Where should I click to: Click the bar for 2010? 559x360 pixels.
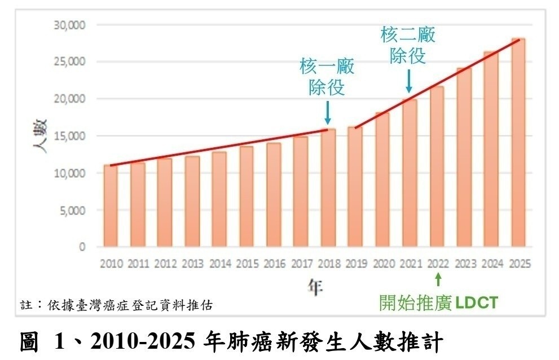click(x=111, y=206)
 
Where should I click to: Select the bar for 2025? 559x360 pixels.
click(x=518, y=142)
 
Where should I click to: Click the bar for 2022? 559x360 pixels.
click(x=437, y=166)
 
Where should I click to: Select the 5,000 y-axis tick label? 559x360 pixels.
click(x=72, y=210)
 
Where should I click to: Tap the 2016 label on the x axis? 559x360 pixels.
click(x=274, y=264)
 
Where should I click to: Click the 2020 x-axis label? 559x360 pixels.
click(x=382, y=264)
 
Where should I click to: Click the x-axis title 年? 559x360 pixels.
click(x=315, y=287)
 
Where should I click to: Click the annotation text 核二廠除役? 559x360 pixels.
click(x=408, y=46)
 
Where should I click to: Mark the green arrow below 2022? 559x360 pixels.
click(x=438, y=279)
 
